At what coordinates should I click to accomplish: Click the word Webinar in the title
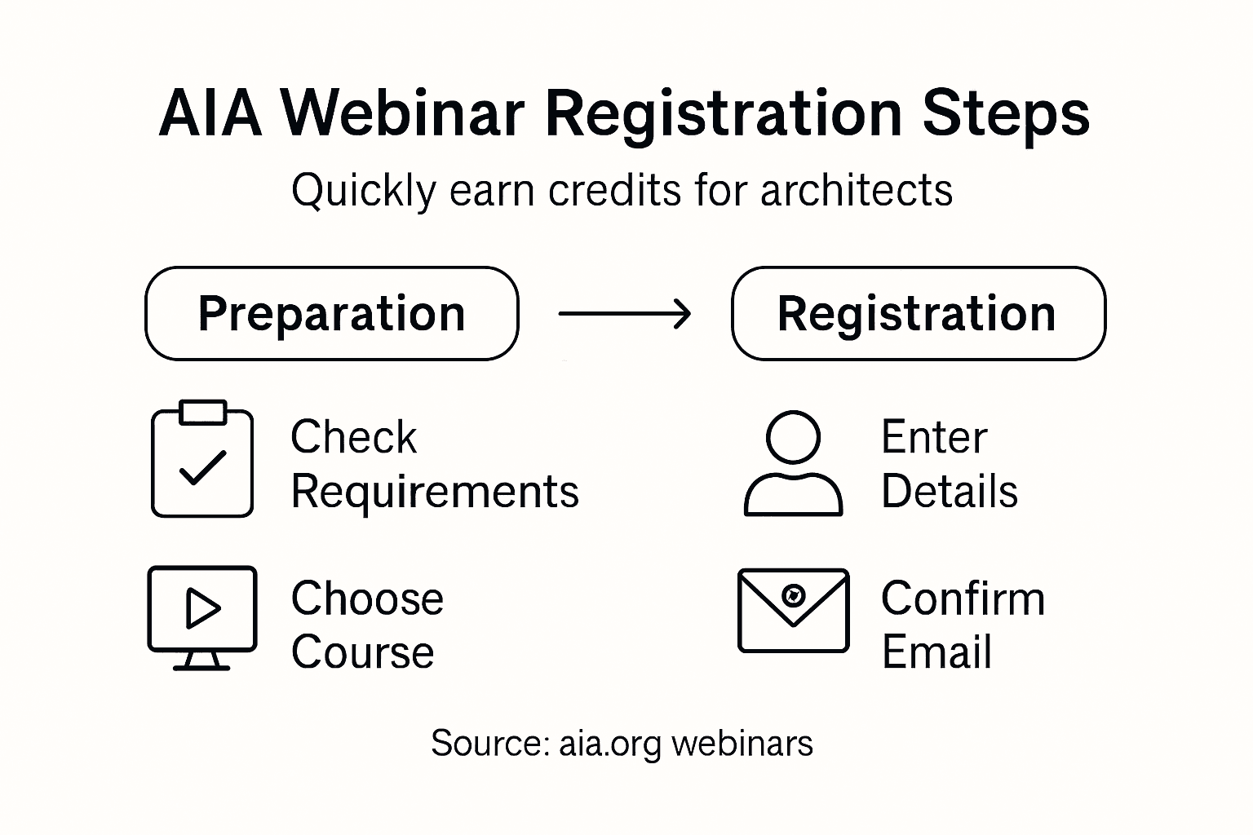click(x=403, y=113)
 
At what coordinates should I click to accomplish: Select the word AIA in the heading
click(x=210, y=113)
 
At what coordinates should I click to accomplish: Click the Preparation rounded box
click(x=332, y=314)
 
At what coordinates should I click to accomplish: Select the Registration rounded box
click(x=918, y=314)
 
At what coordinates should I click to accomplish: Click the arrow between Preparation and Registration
click(x=625, y=313)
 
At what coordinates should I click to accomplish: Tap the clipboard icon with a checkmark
click(x=202, y=459)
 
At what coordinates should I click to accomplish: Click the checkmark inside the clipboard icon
click(x=202, y=467)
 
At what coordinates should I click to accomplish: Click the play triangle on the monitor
click(x=202, y=608)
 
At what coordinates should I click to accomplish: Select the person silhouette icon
click(x=793, y=463)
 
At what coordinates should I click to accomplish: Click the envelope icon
click(x=793, y=611)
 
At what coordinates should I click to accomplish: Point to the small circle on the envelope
click(x=793, y=594)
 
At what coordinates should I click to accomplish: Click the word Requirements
click(x=435, y=493)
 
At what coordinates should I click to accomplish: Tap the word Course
click(x=362, y=652)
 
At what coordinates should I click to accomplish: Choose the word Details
click(x=950, y=492)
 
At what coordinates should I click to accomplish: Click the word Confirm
click(x=963, y=599)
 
